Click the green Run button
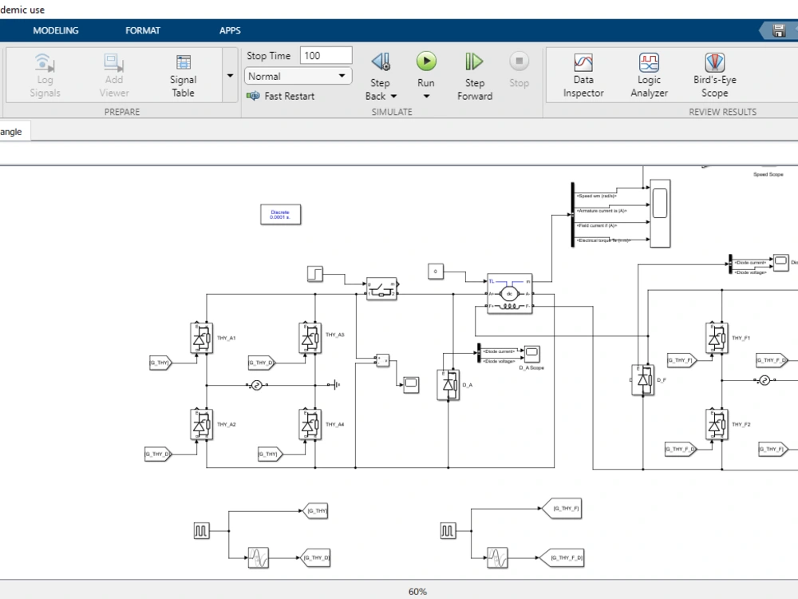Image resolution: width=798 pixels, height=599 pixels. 426,61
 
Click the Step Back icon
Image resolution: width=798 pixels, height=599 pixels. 381,61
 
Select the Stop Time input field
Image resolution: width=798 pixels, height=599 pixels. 326,55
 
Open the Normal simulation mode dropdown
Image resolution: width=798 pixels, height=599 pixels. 298,77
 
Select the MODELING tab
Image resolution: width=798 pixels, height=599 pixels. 56,30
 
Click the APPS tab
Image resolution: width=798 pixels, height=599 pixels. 230,30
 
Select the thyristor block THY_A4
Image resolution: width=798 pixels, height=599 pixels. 309,424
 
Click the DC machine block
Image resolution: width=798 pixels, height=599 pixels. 509,294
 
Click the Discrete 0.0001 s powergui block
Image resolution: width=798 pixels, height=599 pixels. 279,214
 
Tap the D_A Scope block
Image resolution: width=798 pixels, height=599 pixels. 531,352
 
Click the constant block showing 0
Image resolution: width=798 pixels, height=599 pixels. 435,272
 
